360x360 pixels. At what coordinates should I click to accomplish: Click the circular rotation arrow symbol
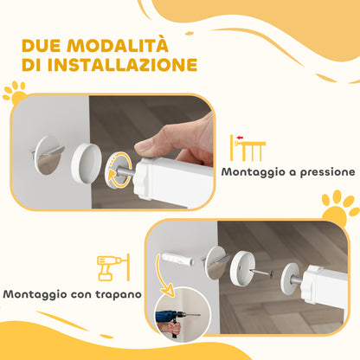(119, 169)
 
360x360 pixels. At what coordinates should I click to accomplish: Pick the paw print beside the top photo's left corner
(16, 89)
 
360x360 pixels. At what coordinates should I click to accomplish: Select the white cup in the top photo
(90, 162)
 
